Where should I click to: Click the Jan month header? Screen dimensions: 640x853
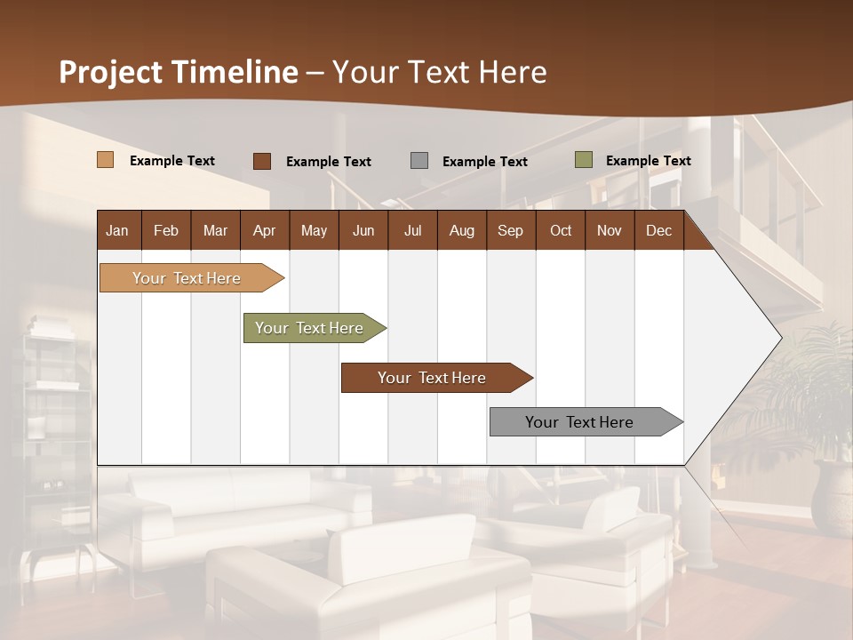(x=118, y=230)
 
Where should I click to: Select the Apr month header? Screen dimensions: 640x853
(x=264, y=230)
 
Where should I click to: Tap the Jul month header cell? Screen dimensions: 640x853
(x=412, y=230)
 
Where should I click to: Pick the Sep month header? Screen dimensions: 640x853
(x=510, y=230)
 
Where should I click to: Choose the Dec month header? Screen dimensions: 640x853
(x=658, y=230)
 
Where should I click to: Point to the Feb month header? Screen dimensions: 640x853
(x=166, y=230)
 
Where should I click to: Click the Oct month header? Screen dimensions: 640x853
(x=561, y=230)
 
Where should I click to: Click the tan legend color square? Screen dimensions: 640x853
(x=106, y=160)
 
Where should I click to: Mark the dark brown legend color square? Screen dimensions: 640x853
(x=262, y=161)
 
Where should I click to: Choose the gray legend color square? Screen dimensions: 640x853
(x=419, y=161)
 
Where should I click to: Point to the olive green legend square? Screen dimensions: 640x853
(x=584, y=160)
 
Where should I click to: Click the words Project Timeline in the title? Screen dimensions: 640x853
(x=179, y=72)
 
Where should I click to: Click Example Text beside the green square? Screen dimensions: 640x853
(x=648, y=161)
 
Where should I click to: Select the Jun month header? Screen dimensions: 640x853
(x=363, y=230)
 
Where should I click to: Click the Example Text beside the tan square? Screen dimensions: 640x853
(x=172, y=161)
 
